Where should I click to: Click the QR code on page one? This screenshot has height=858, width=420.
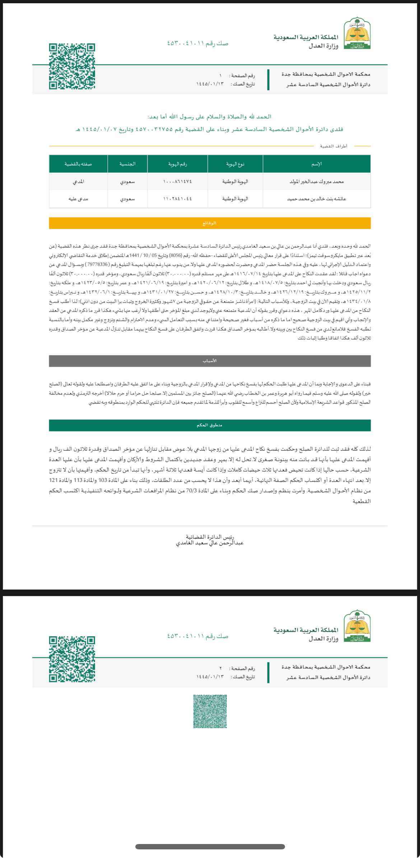[x=72, y=66]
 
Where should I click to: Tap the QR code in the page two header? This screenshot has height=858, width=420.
[x=72, y=659]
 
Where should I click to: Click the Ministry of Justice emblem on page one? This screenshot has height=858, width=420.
[x=357, y=33]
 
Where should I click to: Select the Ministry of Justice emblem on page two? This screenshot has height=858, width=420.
[x=357, y=626]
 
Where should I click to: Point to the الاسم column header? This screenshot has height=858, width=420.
[x=317, y=164]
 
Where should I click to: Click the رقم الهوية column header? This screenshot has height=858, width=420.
[x=177, y=164]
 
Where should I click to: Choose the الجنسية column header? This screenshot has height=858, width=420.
[x=127, y=164]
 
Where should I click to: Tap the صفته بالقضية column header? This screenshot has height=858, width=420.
[x=78, y=164]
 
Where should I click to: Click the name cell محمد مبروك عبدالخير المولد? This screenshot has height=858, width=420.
[x=317, y=182]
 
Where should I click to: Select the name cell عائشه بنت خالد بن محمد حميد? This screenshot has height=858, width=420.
[x=317, y=199]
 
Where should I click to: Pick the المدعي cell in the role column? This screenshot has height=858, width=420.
[x=78, y=182]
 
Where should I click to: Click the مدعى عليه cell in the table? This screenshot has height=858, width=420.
[x=78, y=199]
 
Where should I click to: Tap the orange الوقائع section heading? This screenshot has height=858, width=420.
[x=210, y=223]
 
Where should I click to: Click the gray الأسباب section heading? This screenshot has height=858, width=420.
[x=210, y=361]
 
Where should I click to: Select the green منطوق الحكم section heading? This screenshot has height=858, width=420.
[x=210, y=425]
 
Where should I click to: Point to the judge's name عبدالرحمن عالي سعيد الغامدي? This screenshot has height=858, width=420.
[x=210, y=543]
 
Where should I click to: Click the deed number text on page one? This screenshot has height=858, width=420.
[x=198, y=43]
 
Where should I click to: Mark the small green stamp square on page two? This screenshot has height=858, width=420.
[x=210, y=711]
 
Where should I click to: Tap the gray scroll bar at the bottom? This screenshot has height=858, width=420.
[x=210, y=847]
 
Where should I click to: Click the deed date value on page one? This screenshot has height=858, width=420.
[x=210, y=84]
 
